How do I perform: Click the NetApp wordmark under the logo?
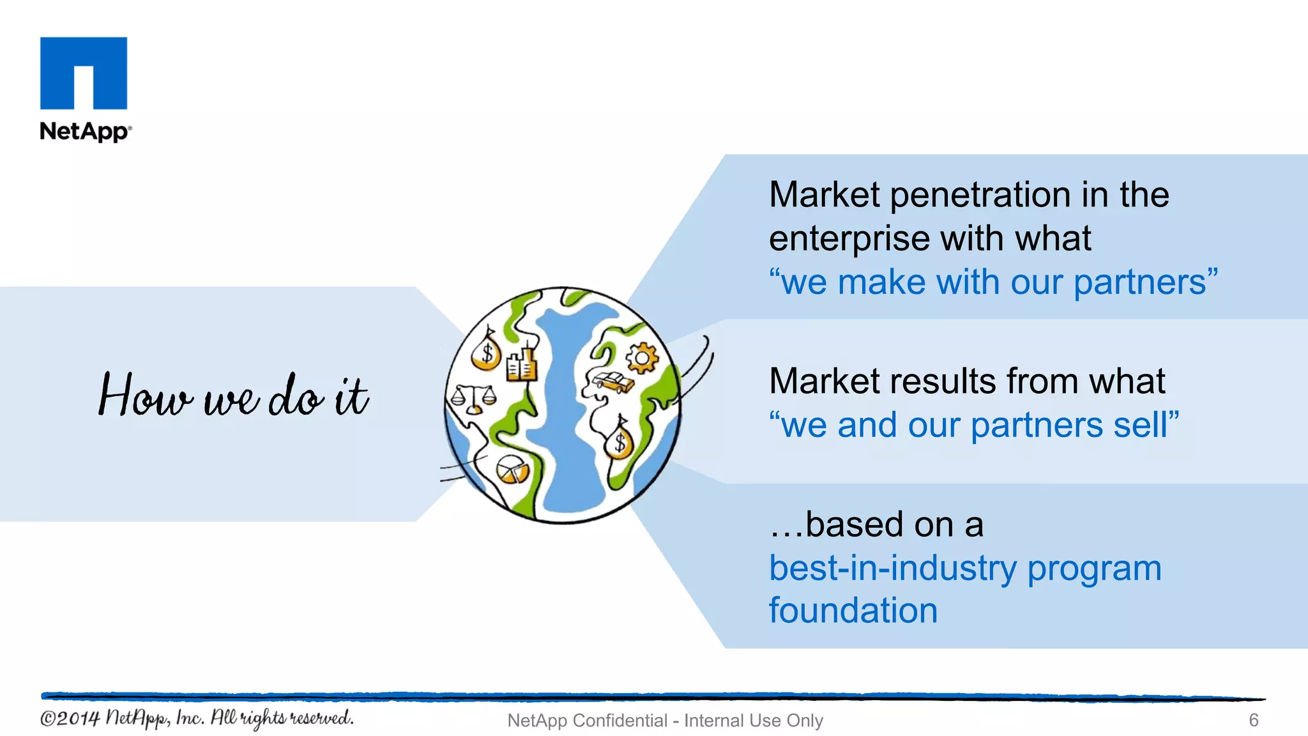coord(84,131)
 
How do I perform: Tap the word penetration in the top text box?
coord(980,195)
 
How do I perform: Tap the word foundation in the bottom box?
coord(853,610)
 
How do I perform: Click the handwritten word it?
coord(351,396)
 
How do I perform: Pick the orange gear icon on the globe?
coord(641,358)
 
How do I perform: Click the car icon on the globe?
coord(613,382)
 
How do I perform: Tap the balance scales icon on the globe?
coord(473,399)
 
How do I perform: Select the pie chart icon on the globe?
coord(512,470)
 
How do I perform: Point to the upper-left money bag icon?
coord(487,351)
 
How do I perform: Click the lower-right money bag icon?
coord(619,441)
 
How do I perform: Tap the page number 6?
coord(1253,720)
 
